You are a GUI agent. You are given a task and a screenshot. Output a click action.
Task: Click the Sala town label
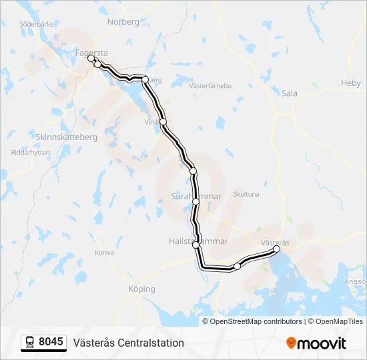click(x=289, y=94)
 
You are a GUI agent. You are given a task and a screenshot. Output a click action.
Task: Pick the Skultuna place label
click(x=246, y=195)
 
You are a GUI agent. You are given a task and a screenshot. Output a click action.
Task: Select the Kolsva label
click(x=105, y=253)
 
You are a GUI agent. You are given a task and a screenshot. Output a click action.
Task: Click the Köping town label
click(x=141, y=289)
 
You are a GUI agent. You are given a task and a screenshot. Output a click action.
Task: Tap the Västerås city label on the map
click(x=274, y=243)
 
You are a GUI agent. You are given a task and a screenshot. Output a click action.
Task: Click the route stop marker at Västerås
click(x=277, y=249)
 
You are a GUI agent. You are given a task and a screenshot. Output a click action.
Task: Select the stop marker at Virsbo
click(x=163, y=122)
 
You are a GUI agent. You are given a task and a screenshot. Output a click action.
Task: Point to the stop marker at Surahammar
click(x=196, y=201)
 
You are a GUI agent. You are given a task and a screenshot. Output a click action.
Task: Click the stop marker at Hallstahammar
click(x=196, y=245)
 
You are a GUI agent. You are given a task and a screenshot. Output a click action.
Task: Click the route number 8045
click(x=51, y=343)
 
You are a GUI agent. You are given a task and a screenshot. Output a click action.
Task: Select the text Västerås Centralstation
click(x=129, y=343)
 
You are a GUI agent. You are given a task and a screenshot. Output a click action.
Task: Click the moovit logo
click(x=316, y=343)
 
